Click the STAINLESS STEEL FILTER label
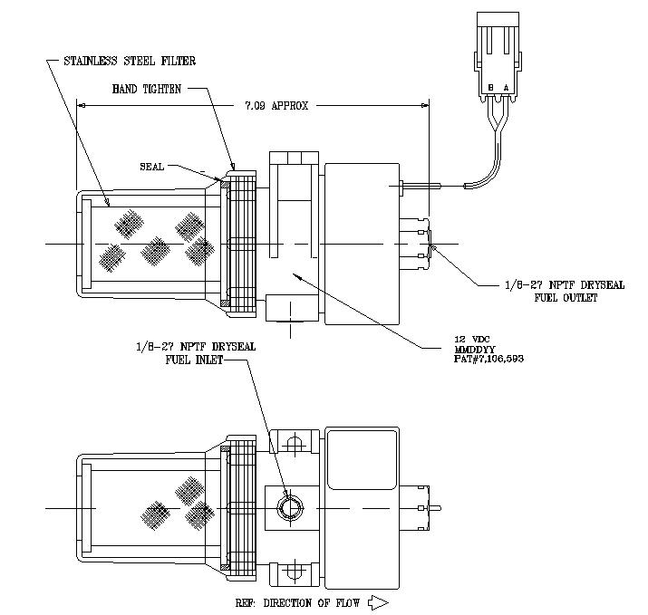tap(130, 62)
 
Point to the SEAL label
tap(153, 167)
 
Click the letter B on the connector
tap(490, 87)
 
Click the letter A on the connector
tap(506, 87)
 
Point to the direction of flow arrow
tap(378, 601)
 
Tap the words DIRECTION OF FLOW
tap(313, 601)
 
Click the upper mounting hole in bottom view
tap(292, 445)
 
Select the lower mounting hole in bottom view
tap(292, 572)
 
